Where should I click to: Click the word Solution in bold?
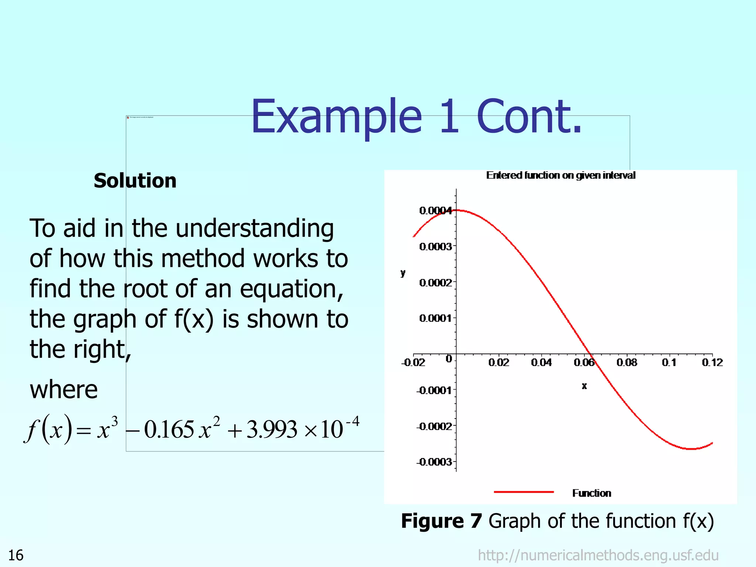[x=135, y=181]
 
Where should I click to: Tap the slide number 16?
[x=16, y=555]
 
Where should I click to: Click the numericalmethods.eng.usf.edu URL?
[x=598, y=555]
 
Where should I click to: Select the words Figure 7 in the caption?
[x=441, y=521]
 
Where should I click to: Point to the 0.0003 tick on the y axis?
[x=436, y=246]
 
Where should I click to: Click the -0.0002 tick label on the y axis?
[x=434, y=426]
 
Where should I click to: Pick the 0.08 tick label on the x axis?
[x=626, y=362]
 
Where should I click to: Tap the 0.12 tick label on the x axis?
[x=712, y=362]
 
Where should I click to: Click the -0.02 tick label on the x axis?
[x=413, y=362]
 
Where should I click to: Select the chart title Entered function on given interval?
[x=560, y=175]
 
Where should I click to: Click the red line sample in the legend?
[x=523, y=492]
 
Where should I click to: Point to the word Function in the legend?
[x=591, y=493]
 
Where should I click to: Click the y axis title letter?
[x=403, y=273]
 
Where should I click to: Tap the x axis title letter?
[x=584, y=386]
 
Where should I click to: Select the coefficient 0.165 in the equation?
[x=169, y=430]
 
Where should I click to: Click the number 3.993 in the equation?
[x=272, y=430]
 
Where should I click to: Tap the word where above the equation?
[x=63, y=390]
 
